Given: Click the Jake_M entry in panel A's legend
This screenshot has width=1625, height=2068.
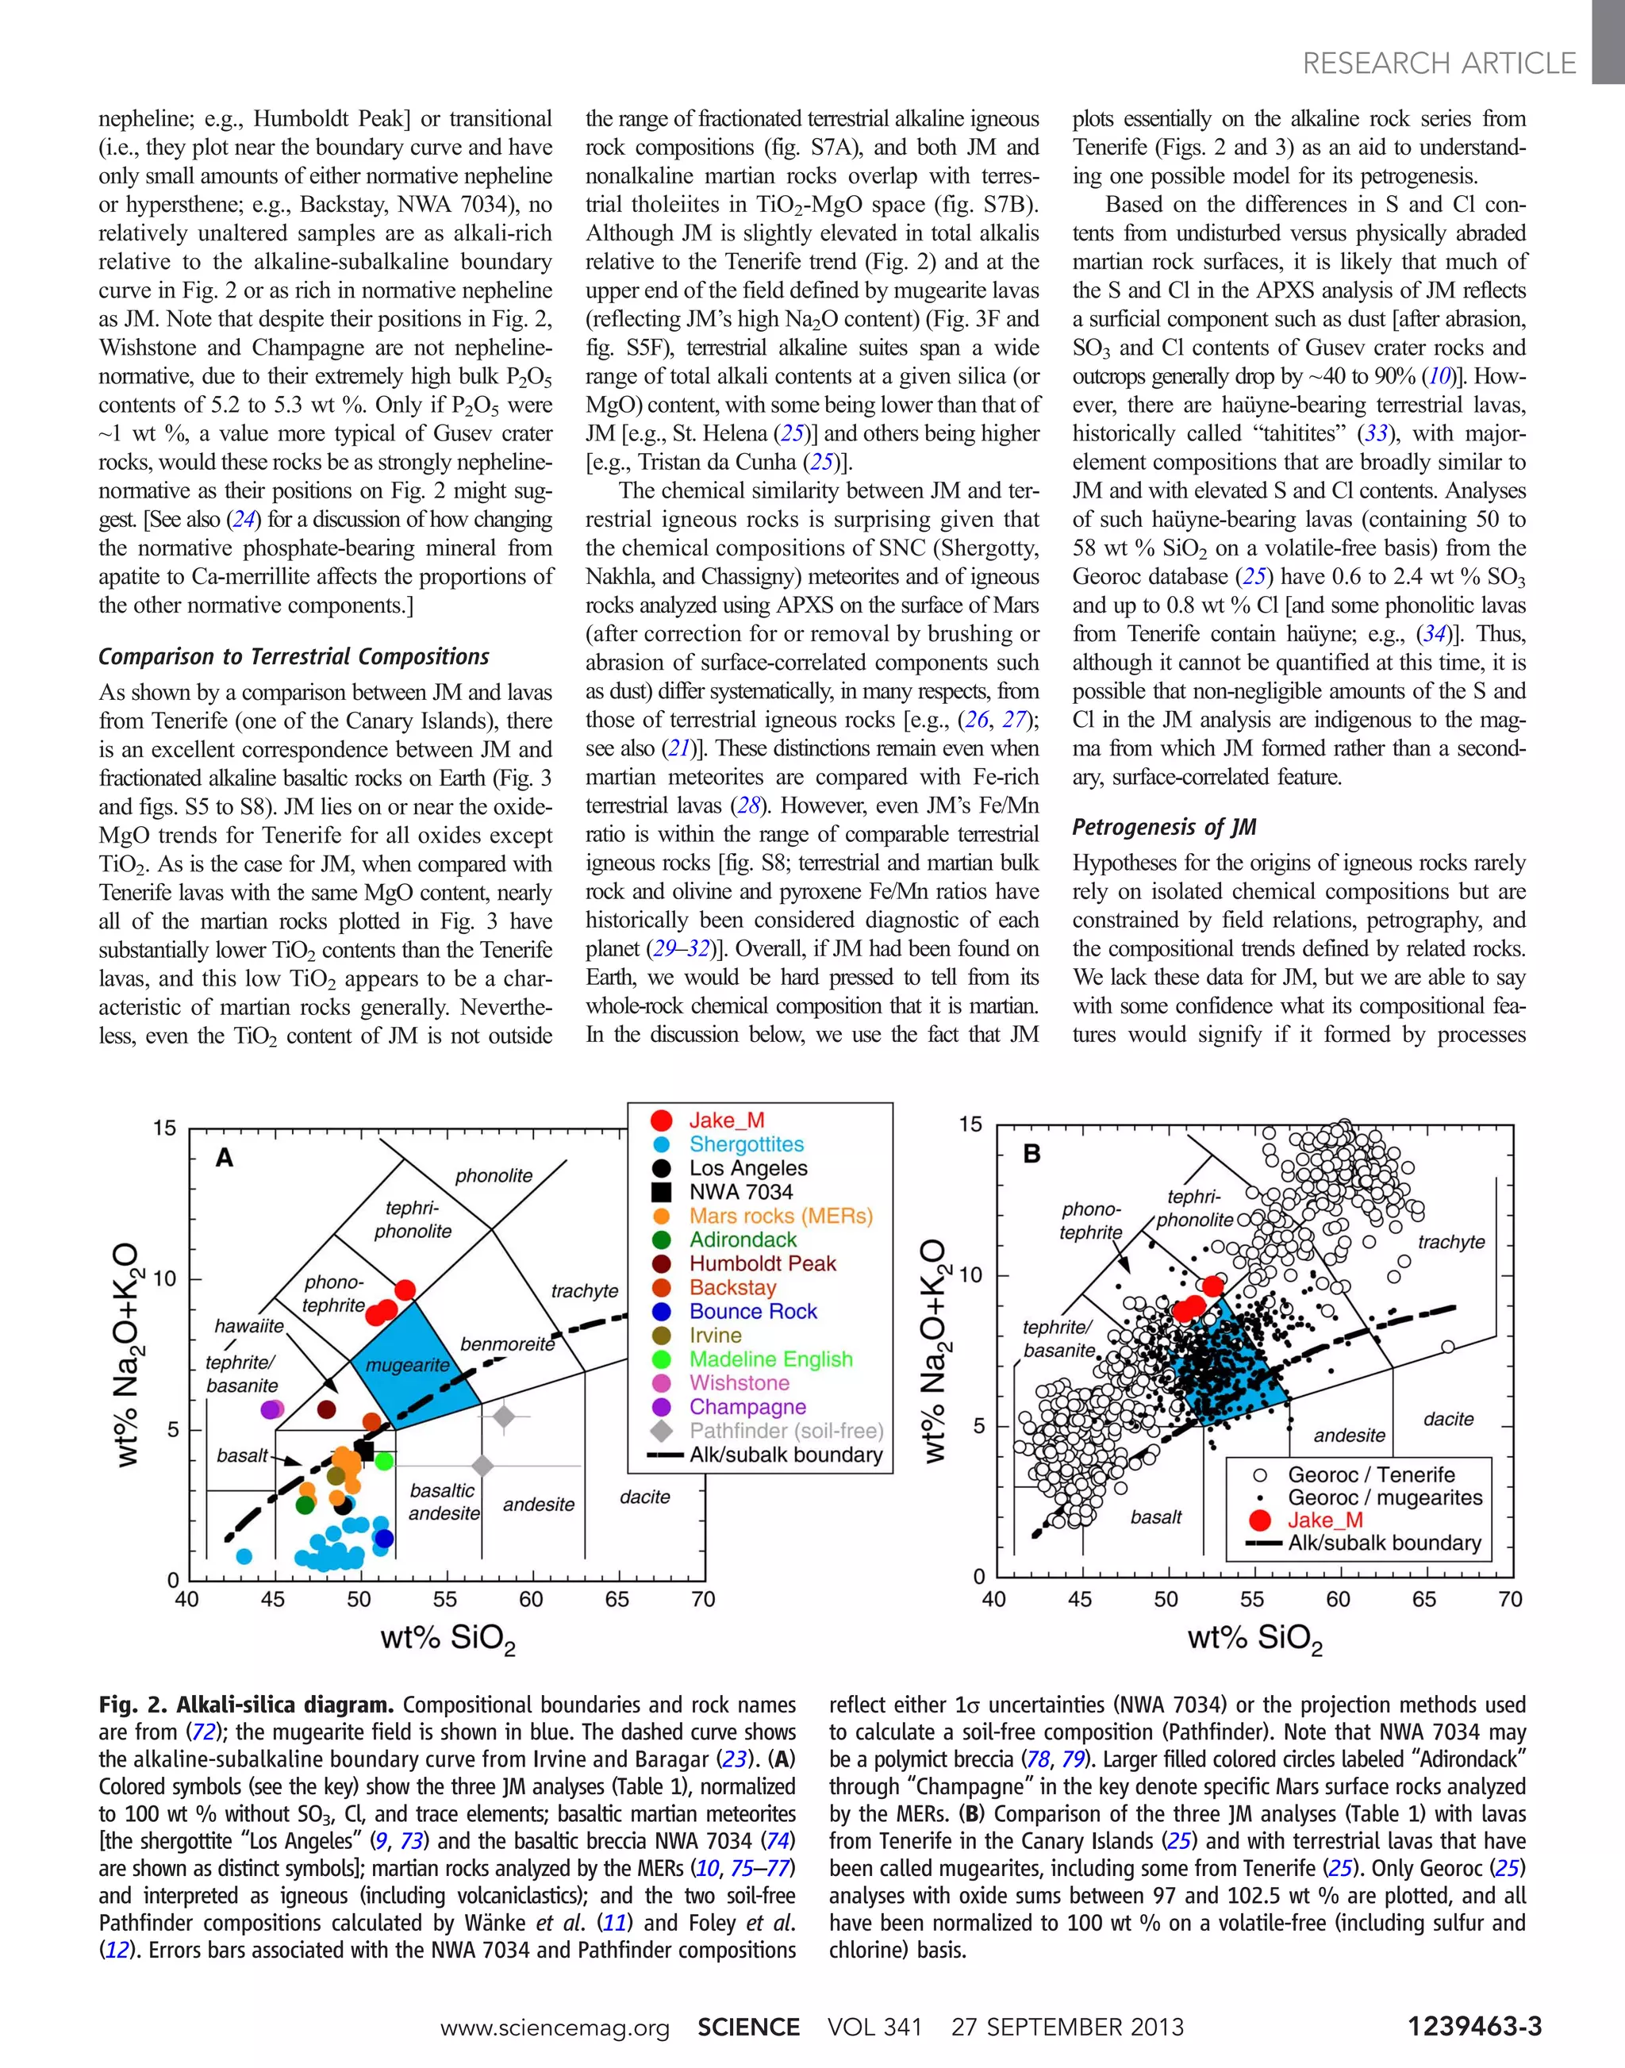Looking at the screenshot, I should click(x=727, y=1120).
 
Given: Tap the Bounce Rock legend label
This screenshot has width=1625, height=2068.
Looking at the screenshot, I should click(x=752, y=1312).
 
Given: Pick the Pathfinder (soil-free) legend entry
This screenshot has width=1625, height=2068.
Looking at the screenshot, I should click(x=786, y=1430).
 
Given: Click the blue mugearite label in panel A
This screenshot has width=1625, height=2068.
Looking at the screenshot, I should click(x=407, y=1365).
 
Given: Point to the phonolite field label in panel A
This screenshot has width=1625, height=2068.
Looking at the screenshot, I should click(x=494, y=1175).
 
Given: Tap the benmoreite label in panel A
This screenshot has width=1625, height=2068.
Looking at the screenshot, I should click(x=507, y=1343).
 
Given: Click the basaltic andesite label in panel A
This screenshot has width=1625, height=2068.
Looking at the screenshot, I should click(x=444, y=1501).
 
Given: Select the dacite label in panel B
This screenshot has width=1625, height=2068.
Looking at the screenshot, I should click(x=1448, y=1419).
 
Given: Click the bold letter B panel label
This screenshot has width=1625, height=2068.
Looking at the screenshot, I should click(x=1032, y=1155).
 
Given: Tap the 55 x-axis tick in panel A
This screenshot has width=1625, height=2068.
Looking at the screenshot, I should click(x=444, y=1599).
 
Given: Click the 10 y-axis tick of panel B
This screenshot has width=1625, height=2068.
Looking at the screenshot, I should click(x=970, y=1275).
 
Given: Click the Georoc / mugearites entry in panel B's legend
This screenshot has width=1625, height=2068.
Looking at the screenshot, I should click(x=1385, y=1497).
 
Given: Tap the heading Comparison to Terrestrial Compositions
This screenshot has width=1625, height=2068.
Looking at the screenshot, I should click(x=294, y=656).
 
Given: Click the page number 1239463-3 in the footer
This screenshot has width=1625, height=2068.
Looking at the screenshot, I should click(x=1473, y=2026).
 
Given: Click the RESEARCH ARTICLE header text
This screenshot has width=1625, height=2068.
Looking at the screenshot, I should click(x=1439, y=63).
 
